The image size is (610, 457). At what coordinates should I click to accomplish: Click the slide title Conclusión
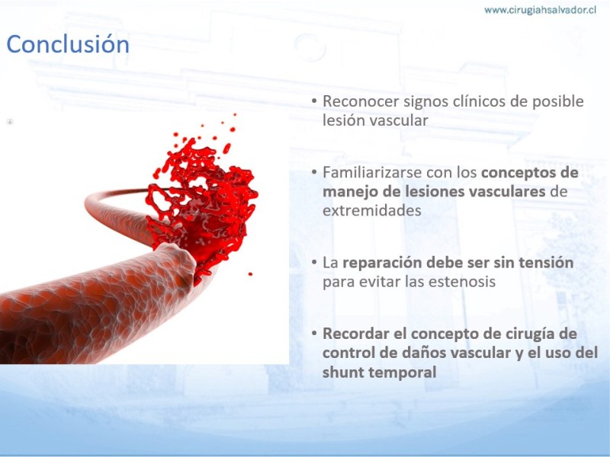[68, 44]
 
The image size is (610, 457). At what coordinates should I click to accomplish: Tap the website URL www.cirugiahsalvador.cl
[540, 10]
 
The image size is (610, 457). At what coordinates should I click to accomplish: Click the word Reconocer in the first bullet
[361, 101]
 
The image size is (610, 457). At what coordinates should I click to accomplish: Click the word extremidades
[372, 211]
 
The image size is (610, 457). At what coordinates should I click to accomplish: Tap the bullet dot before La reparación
[314, 263]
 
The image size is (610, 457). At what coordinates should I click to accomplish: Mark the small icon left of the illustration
[10, 122]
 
